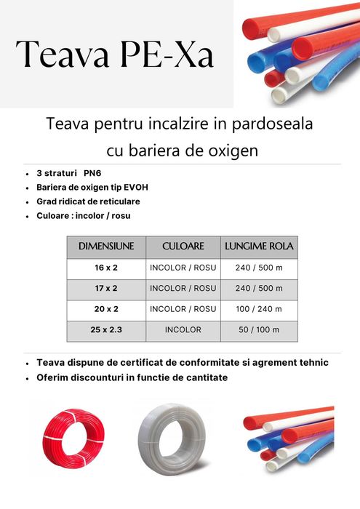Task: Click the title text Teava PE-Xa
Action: click(x=115, y=54)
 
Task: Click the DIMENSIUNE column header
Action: click(x=106, y=247)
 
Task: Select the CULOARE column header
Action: click(x=183, y=247)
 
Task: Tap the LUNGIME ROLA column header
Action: click(x=259, y=247)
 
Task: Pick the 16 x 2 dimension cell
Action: click(x=106, y=268)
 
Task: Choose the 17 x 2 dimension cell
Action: click(x=106, y=288)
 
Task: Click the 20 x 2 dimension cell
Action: click(x=106, y=309)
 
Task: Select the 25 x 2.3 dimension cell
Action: click(x=106, y=329)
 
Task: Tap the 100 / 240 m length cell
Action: click(x=259, y=309)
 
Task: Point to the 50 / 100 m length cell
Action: click(x=259, y=329)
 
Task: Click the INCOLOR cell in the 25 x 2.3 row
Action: click(x=183, y=329)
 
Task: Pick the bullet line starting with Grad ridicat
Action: click(x=88, y=201)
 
